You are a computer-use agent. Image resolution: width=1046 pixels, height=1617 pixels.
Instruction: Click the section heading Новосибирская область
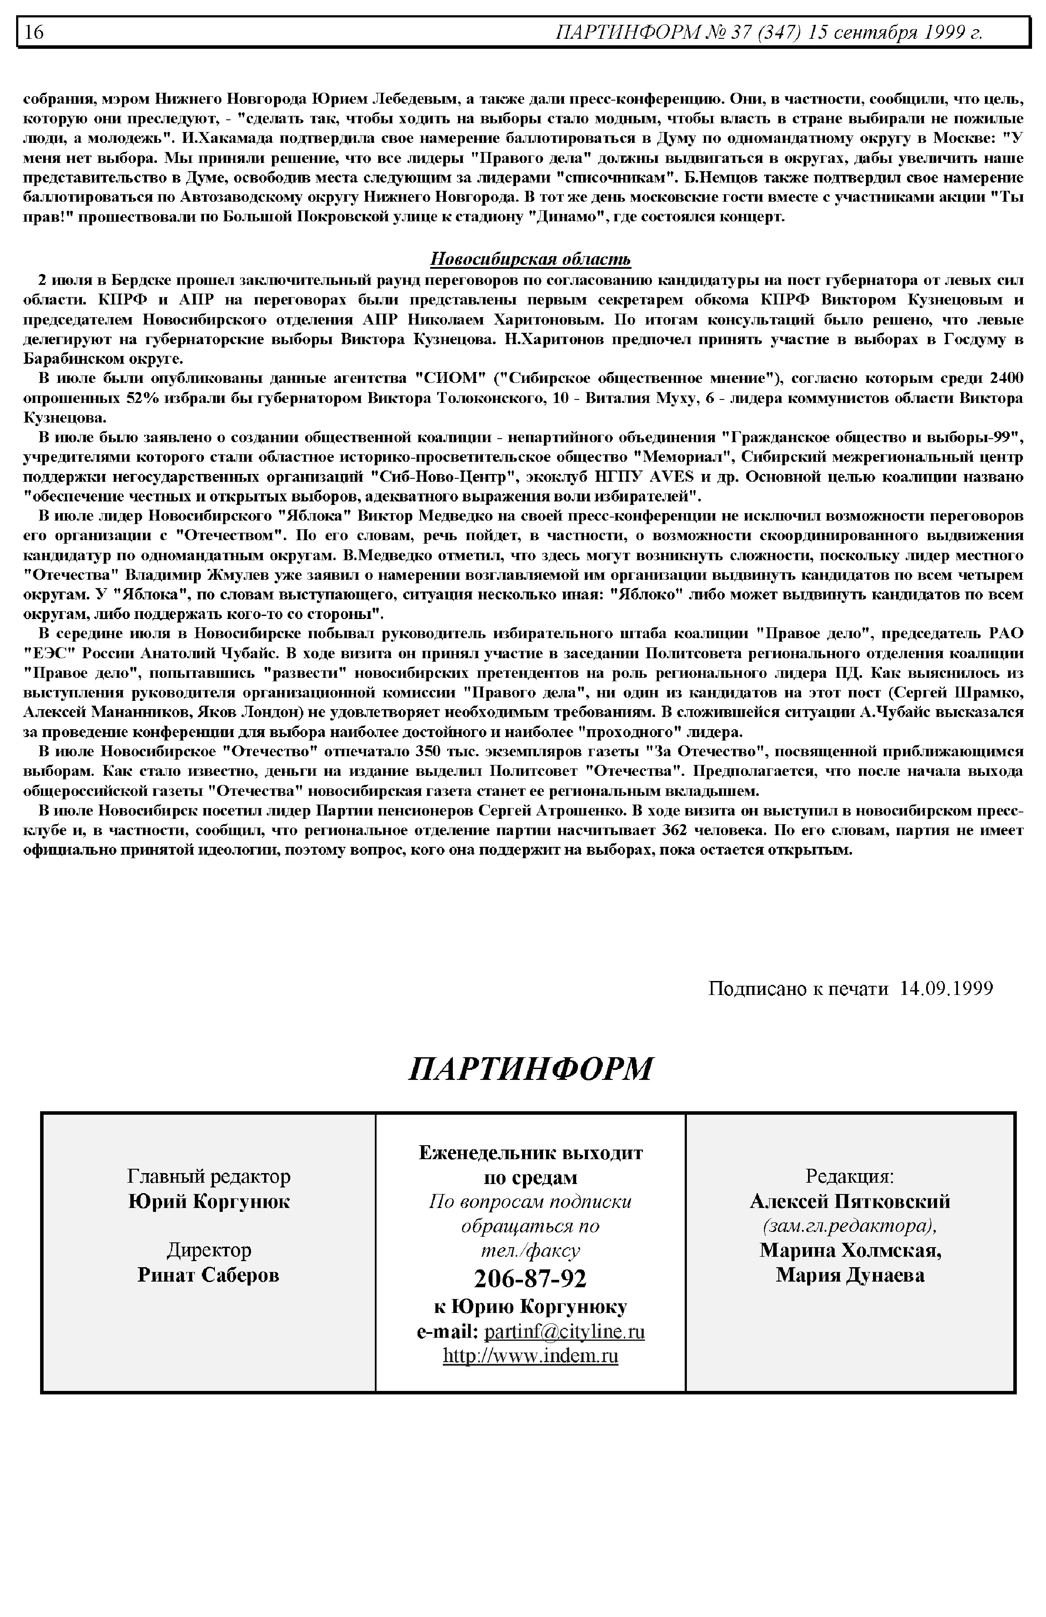[x=530, y=259]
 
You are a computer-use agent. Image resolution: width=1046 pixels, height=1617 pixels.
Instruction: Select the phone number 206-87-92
[x=530, y=1279]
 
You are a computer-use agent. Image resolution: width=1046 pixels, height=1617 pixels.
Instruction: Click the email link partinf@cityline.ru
[x=564, y=1331]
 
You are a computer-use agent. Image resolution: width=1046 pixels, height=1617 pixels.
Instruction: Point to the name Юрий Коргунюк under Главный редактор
[x=209, y=1201]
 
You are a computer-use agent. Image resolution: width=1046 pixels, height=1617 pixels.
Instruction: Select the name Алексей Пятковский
[x=850, y=1201]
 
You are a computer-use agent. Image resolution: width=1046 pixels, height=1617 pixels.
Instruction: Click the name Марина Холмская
[x=850, y=1250]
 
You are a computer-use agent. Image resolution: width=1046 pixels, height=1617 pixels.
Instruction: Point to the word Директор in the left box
[x=209, y=1250]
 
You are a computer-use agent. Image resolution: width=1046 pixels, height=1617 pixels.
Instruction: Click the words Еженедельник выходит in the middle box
[x=530, y=1152]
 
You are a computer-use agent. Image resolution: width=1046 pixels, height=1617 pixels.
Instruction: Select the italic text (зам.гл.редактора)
[x=850, y=1225]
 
